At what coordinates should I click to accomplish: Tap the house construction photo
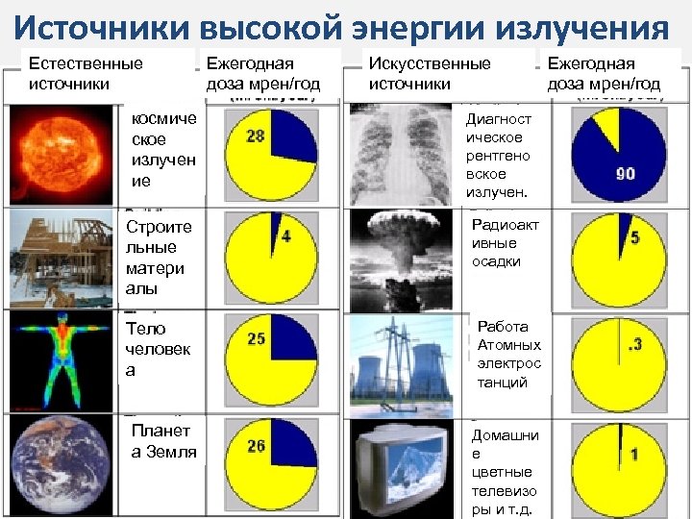pyautogui.click(x=62, y=257)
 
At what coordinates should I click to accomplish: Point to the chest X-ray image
pyautogui.click(x=401, y=154)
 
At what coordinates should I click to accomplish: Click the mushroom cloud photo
pyautogui.click(x=401, y=257)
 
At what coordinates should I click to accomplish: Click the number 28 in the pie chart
pyautogui.click(x=256, y=136)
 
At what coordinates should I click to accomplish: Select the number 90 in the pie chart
pyautogui.click(x=626, y=174)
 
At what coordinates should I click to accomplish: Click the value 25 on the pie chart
pyautogui.click(x=257, y=338)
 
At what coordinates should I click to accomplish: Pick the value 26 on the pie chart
pyautogui.click(x=257, y=446)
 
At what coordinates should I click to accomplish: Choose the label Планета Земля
pyautogui.click(x=163, y=441)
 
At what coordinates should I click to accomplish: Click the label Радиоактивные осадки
pyautogui.click(x=505, y=243)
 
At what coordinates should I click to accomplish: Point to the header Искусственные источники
pyautogui.click(x=430, y=73)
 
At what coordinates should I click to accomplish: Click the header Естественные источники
pyautogui.click(x=86, y=73)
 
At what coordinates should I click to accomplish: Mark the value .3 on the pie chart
pyautogui.click(x=634, y=344)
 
